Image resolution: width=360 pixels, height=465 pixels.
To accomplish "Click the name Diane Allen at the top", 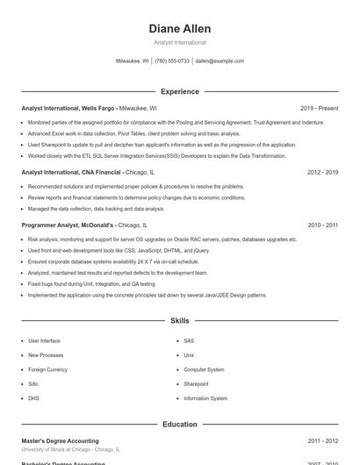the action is coord(180,29).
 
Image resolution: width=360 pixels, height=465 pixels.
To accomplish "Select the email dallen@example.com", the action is coord(220,61).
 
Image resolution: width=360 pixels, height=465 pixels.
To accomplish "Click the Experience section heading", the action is coord(180,91).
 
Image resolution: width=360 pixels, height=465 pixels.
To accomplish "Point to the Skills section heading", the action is coord(180,321).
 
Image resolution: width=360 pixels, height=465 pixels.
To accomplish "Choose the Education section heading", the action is coord(180,425).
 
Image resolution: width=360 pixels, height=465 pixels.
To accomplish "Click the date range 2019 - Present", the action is coord(319,108).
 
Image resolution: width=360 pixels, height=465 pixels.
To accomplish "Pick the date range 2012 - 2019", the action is coord(322,173).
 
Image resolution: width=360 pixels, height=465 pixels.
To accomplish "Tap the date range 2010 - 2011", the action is coord(322,225).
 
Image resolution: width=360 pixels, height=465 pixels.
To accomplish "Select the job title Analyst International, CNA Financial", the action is coord(71,173).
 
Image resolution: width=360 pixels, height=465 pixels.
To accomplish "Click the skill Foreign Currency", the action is coord(47,369).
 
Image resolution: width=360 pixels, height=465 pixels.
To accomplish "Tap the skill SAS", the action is coord(189,340).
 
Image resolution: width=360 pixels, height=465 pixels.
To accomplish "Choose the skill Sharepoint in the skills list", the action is coord(196,383).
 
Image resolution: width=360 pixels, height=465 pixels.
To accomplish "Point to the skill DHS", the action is coord(33,398).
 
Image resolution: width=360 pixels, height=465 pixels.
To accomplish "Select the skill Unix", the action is coord(189,354).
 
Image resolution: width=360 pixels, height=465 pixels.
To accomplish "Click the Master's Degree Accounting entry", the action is coord(60,441).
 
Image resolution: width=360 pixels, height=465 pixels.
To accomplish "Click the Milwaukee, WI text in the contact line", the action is coord(133,61).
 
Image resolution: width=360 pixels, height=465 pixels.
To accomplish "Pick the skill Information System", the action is coord(205,398).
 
